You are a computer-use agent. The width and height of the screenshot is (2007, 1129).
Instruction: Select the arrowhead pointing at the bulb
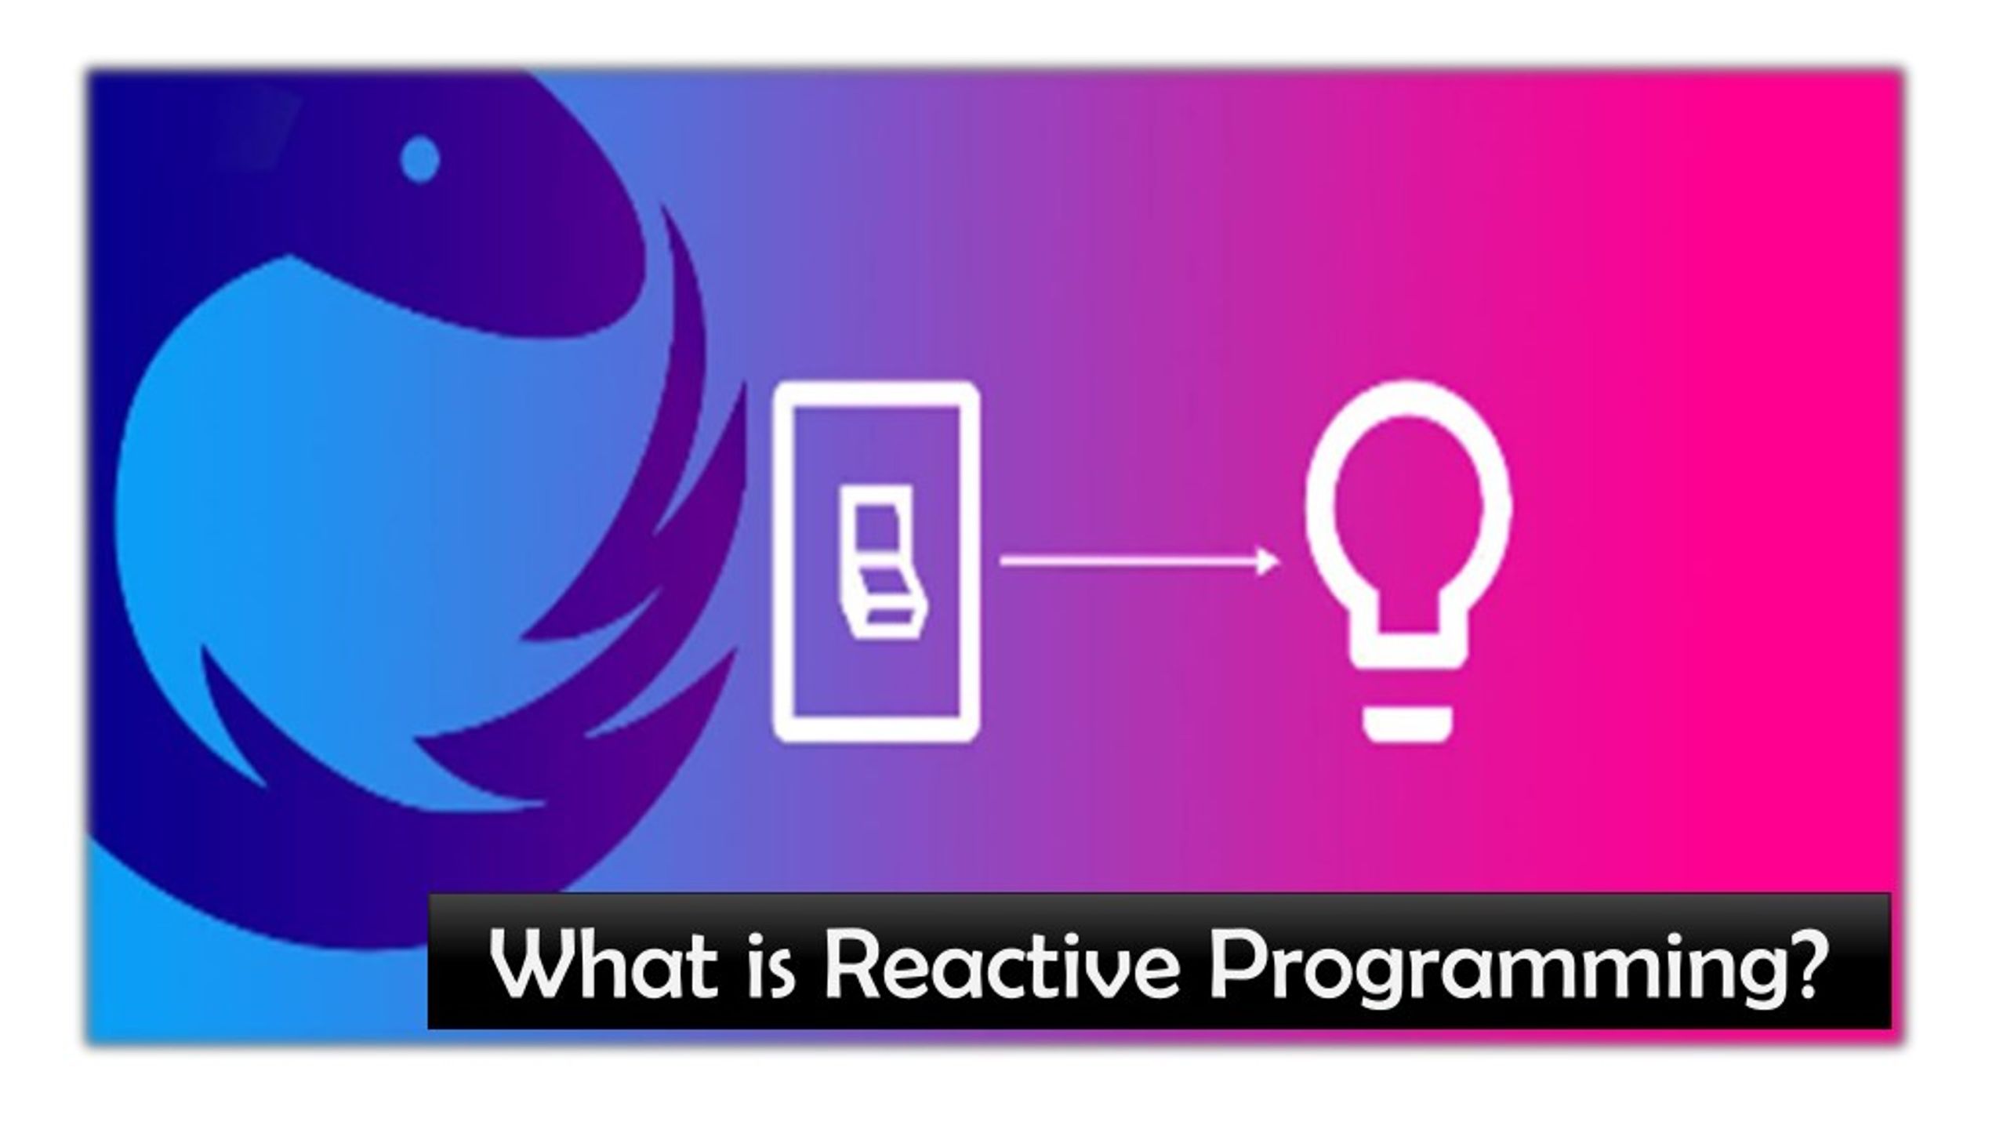(x=1267, y=561)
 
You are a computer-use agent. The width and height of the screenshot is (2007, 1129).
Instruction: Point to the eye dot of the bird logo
(x=420, y=159)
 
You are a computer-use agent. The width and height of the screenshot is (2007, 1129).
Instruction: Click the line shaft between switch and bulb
(x=1129, y=561)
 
